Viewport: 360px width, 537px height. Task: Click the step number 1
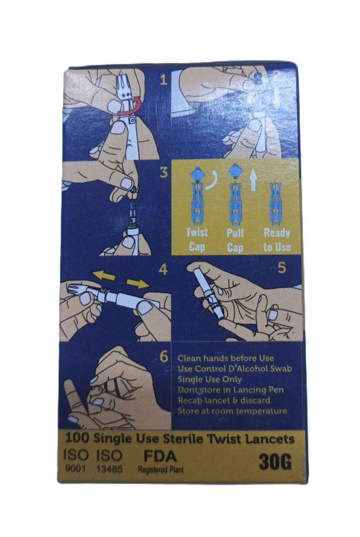(164, 80)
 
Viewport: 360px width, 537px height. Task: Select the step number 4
(164, 270)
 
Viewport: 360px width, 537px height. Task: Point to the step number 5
(282, 268)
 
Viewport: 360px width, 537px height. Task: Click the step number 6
(164, 356)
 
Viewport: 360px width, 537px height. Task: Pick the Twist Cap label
(197, 239)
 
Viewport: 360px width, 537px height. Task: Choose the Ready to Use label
(277, 239)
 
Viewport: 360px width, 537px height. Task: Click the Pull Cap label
(235, 239)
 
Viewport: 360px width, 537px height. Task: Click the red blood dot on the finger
(99, 389)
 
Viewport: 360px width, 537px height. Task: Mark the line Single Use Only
(209, 379)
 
